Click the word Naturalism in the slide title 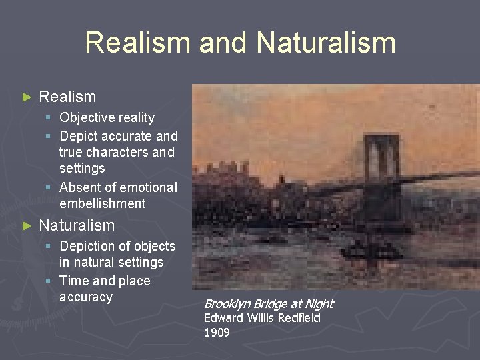pos(326,43)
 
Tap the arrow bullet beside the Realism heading pos(27,97)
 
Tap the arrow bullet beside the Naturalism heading pos(27,226)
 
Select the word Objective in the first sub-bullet pos(87,118)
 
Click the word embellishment pos(102,203)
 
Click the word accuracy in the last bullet pos(86,297)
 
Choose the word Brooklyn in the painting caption pos(227,304)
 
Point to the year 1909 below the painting pos(217,332)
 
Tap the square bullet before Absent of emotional pos(51,188)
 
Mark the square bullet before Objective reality pos(51,118)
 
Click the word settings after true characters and pos(82,168)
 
